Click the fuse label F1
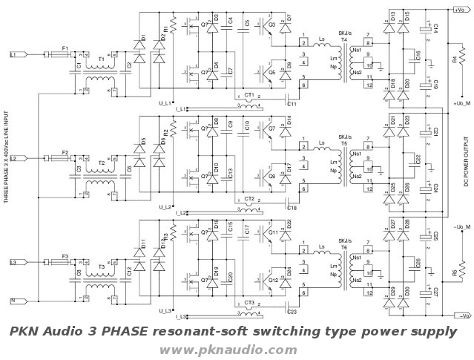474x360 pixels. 65,48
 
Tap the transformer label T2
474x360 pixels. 102,162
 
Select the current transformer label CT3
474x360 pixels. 249,303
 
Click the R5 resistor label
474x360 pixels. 454,273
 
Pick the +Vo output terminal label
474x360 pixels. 457,10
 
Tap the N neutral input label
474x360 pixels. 12,301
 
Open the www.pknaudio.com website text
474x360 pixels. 228,350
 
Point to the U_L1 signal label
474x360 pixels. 166,102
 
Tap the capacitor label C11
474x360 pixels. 292,104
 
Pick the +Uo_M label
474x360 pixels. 461,102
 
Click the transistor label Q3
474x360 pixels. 272,24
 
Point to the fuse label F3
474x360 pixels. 65,256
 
